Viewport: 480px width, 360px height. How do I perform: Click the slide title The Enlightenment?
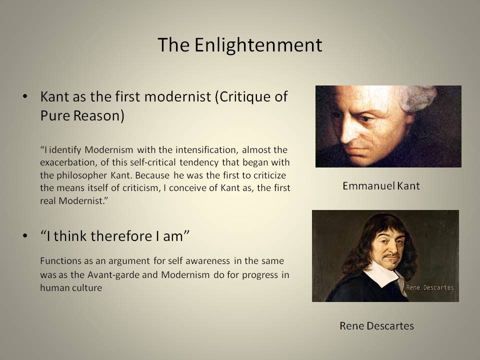click(240, 45)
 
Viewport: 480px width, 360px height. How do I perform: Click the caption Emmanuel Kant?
click(381, 186)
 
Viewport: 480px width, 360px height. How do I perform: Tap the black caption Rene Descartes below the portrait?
click(377, 325)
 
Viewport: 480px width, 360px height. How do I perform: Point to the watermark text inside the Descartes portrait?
click(430, 287)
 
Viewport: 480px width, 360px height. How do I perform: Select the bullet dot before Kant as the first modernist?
click(25, 96)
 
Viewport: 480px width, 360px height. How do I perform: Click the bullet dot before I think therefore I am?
click(25, 235)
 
